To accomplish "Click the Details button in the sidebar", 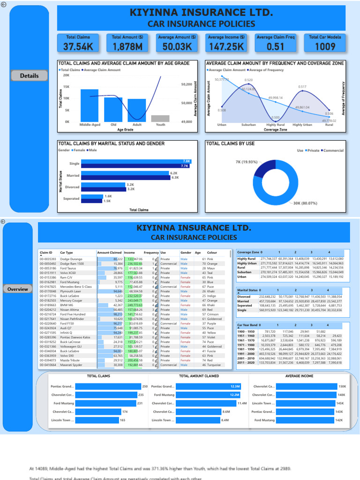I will coord(29,75).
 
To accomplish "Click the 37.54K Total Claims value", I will coord(78,46).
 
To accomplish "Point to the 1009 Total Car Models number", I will coord(325,46).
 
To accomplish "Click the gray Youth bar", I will coord(160,119).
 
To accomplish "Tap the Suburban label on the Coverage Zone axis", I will coord(248,125).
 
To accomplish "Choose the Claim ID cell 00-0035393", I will coord(48,259).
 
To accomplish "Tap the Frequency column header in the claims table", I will coord(151,252).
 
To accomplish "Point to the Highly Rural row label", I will coord(247,259).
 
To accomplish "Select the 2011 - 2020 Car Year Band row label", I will coord(247,362).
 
